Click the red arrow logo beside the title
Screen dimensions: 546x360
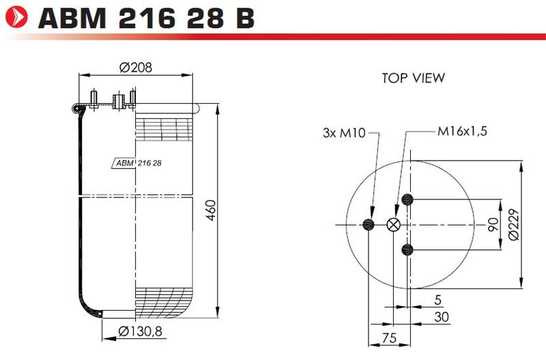click(x=16, y=16)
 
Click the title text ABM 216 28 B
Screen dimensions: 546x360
click(x=146, y=18)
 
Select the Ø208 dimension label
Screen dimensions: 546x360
click(x=135, y=67)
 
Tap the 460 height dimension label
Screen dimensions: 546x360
click(x=211, y=210)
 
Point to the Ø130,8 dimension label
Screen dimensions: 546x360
click(x=140, y=331)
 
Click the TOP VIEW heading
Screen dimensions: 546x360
click(x=414, y=78)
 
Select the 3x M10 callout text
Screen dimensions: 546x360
click(x=344, y=133)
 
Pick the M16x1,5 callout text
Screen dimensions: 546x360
click(x=462, y=131)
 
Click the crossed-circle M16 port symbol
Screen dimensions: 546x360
click(x=394, y=225)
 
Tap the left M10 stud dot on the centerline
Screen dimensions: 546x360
click(x=369, y=225)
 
